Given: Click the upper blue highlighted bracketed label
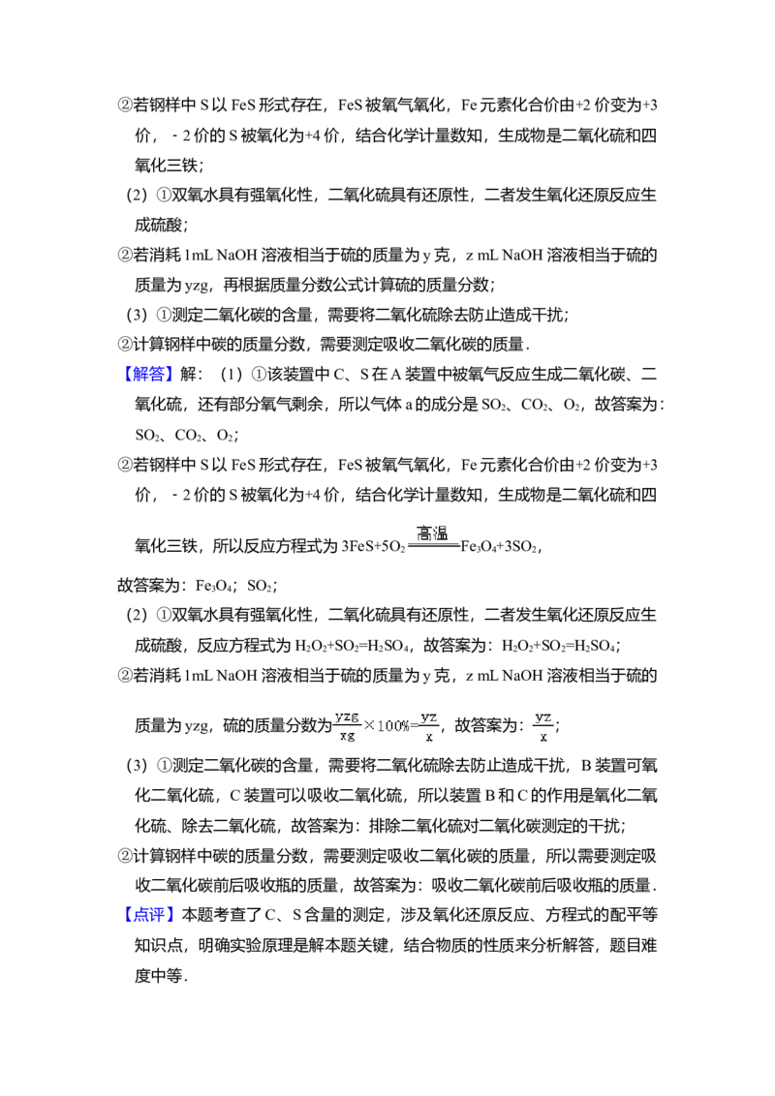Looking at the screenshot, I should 150,375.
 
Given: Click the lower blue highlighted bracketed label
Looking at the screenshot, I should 150,916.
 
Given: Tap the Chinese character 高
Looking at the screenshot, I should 425,533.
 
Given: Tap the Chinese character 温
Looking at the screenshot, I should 441,533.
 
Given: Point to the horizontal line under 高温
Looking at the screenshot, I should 433,545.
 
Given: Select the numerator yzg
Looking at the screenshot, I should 347,716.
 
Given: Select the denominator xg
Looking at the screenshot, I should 347,736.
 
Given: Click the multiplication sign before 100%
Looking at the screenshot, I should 369,725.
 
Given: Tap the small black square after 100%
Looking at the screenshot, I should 415,722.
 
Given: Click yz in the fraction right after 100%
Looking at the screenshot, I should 429,716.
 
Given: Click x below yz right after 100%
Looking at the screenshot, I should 429,737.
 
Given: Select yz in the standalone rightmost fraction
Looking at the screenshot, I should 542,716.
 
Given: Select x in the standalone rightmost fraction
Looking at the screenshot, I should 542,736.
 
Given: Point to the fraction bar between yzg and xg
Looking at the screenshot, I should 347,726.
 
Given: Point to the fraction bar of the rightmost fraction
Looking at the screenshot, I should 542,726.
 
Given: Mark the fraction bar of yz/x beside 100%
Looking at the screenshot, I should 429,727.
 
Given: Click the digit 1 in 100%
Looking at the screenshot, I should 380,725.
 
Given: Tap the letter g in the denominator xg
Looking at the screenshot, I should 351,737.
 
